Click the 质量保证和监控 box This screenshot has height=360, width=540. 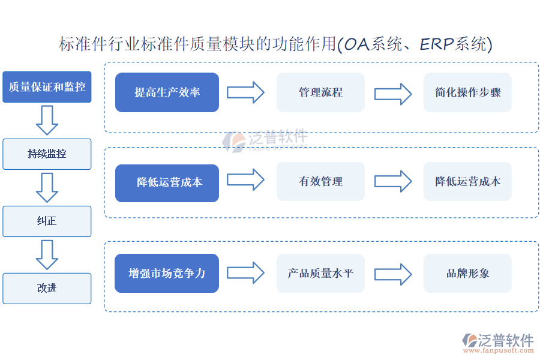[x=47, y=87]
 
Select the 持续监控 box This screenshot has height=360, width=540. [x=47, y=154]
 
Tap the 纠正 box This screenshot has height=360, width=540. [x=47, y=221]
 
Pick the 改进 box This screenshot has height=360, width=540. [x=47, y=289]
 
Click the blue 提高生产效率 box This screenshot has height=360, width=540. [x=167, y=92]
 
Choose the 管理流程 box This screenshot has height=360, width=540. [x=320, y=92]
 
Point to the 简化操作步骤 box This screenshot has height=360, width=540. [x=467, y=92]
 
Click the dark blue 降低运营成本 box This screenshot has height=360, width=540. [x=167, y=183]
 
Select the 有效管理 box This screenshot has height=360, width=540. [x=320, y=182]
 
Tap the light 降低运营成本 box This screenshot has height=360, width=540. [x=467, y=182]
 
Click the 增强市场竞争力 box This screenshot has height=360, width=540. [x=167, y=273]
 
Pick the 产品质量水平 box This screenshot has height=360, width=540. [x=320, y=273]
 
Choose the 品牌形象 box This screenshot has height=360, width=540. [x=467, y=273]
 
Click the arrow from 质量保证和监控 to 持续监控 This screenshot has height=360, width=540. [x=47, y=120]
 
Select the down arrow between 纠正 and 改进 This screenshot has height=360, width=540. [x=47, y=255]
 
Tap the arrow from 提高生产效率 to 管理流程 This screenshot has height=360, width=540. [x=245, y=92]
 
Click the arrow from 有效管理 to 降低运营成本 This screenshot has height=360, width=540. [x=393, y=181]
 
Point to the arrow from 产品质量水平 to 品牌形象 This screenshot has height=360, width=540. [x=393, y=274]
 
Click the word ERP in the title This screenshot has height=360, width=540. [x=437, y=44]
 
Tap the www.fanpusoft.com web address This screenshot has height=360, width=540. [x=499, y=350]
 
